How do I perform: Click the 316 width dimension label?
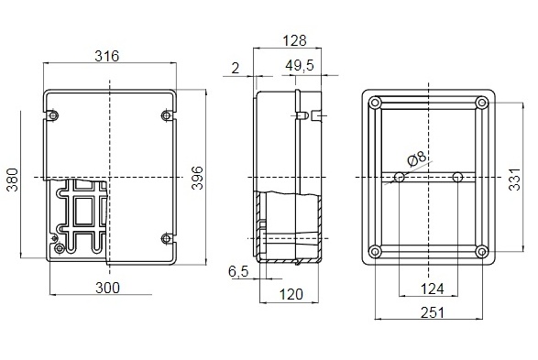[x=106, y=56]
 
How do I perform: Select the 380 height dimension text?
[x=13, y=180]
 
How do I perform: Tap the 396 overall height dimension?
[x=197, y=178]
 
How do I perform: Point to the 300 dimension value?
[x=108, y=288]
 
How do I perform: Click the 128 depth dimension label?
[x=294, y=41]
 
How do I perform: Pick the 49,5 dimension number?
[x=300, y=65]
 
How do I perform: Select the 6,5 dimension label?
[x=238, y=272]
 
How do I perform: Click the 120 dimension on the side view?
[x=291, y=295]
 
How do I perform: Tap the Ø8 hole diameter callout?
[x=416, y=159]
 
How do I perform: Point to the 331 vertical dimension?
[x=515, y=180]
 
